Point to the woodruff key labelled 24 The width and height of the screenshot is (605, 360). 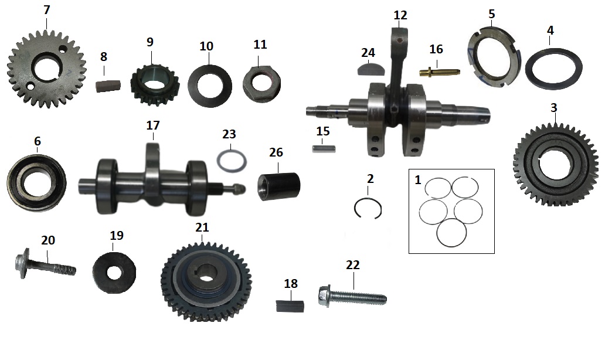368,69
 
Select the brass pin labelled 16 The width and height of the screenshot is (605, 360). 440,73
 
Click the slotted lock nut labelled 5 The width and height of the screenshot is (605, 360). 476,59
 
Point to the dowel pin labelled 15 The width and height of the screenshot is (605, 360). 322,148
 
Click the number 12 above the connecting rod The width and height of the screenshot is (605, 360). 400,15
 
